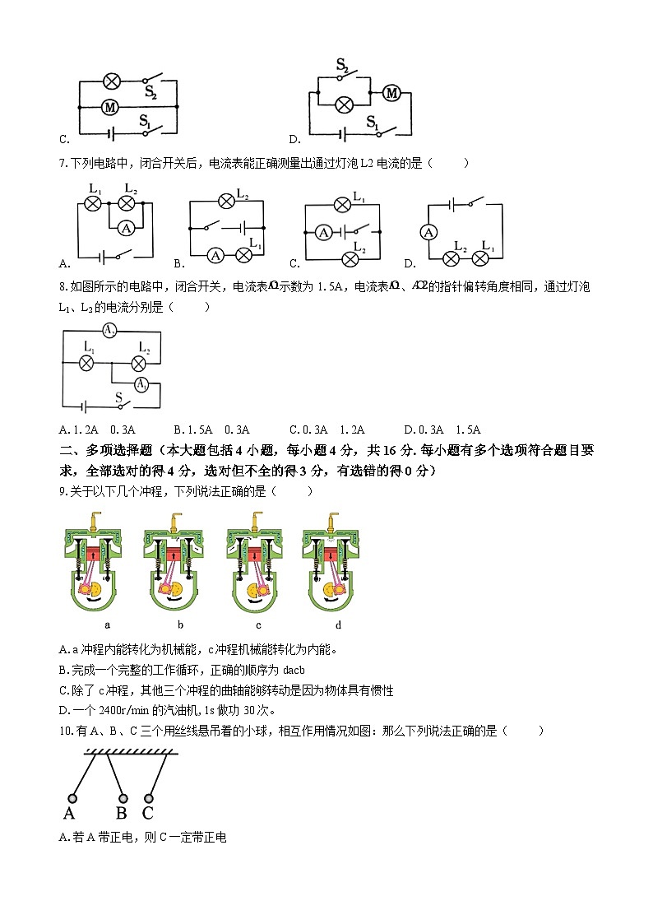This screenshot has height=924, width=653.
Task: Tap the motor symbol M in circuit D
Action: click(x=392, y=93)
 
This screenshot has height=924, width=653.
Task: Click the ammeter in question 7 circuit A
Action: click(x=126, y=227)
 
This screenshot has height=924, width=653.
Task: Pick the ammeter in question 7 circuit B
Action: click(x=215, y=255)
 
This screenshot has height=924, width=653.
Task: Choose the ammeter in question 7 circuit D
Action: click(x=428, y=233)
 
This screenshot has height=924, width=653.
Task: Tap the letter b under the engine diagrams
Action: click(x=179, y=625)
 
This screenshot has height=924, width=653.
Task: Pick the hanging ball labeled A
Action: click(x=72, y=798)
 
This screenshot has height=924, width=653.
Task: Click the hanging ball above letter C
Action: click(x=149, y=798)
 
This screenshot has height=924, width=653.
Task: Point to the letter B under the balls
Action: click(x=121, y=815)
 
